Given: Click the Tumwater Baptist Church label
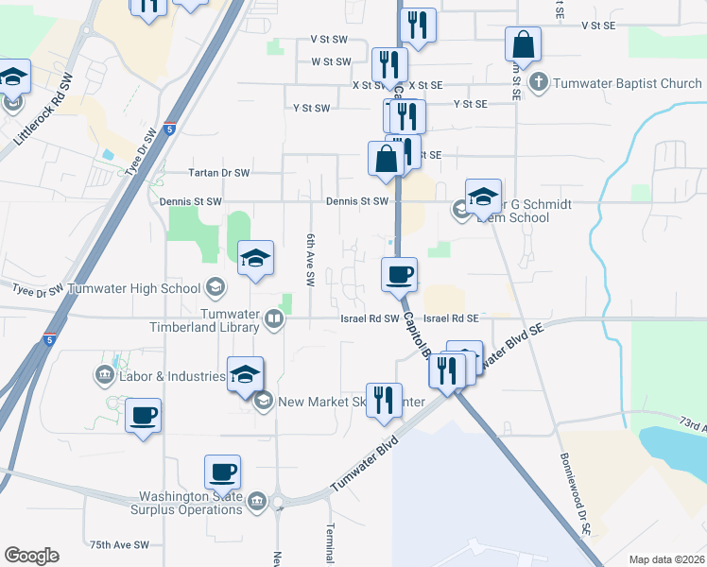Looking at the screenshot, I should click(628, 83).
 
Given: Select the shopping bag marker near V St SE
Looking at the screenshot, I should click(523, 44).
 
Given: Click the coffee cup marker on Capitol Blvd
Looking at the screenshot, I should click(399, 275).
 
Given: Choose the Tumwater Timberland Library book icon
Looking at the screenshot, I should click(273, 319).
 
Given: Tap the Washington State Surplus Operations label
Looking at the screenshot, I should click(191, 503).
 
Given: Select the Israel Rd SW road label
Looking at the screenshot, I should click(370, 319).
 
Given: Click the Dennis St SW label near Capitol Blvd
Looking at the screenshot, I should click(357, 201).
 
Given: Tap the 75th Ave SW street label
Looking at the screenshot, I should click(120, 545).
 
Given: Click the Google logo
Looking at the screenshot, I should click(31, 556).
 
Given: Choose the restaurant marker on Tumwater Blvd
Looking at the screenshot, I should click(384, 400).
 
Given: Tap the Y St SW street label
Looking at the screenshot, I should click(312, 108).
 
